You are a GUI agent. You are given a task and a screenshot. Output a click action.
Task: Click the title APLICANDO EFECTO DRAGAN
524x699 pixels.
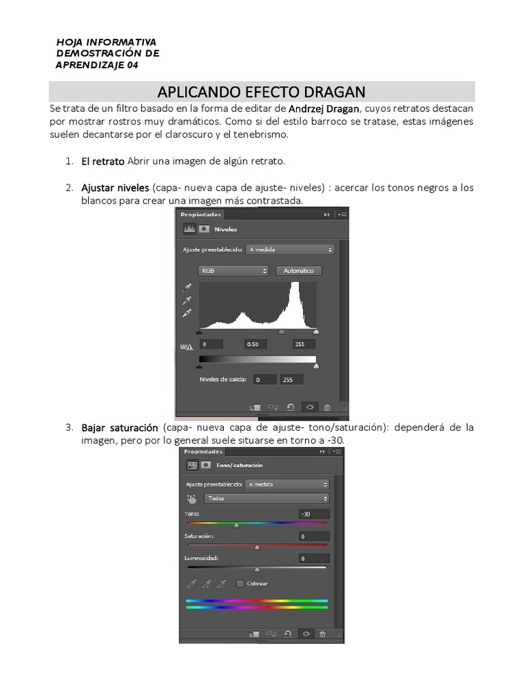[261, 91]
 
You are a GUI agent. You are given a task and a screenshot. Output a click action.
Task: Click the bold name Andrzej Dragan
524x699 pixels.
[324, 109]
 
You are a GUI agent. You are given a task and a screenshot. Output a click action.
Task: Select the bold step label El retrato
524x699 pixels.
[102, 161]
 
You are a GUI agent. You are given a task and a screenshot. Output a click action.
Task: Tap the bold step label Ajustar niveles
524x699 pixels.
[115, 188]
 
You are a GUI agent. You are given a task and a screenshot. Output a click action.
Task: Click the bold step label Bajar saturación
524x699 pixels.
[119, 427]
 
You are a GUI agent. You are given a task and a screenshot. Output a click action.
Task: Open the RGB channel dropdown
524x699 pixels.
[233, 271]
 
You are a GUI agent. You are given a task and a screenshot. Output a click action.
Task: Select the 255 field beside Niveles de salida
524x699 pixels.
[289, 380]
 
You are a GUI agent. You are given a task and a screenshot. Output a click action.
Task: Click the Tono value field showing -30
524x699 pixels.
[313, 514]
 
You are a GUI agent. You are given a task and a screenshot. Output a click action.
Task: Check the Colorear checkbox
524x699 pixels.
[240, 584]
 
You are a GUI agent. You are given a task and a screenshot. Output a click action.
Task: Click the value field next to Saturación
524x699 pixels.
[313, 537]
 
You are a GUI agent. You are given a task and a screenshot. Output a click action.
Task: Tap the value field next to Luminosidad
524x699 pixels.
[313, 558]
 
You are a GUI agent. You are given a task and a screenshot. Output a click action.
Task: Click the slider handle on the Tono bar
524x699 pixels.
[236, 525]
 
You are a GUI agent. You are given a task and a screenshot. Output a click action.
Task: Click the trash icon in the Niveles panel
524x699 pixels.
[327, 407]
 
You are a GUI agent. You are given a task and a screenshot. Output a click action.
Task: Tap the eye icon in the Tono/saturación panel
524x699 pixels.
[306, 633]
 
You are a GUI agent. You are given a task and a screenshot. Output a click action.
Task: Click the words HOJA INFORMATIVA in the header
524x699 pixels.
[106, 42]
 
